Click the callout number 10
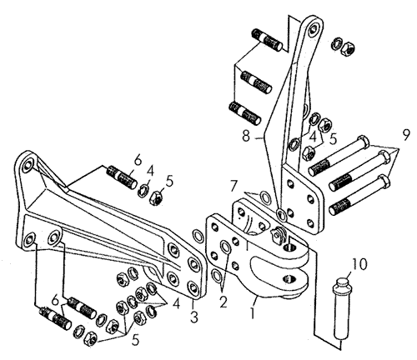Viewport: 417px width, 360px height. coord(359,264)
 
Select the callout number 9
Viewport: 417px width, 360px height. coord(405,136)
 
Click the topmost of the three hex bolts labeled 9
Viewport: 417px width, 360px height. coord(339,156)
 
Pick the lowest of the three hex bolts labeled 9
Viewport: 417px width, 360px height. coord(359,195)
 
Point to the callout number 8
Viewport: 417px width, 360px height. coord(246,137)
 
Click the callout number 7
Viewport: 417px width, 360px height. coord(234,186)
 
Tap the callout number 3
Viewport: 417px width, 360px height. coord(194,317)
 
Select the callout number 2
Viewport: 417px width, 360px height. coord(224,302)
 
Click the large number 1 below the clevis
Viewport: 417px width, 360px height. coord(253,312)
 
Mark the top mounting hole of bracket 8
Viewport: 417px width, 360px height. coord(314,28)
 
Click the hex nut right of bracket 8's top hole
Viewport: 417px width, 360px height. coord(348,48)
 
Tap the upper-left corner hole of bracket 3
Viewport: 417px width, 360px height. coord(28,166)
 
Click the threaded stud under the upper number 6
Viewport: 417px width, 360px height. coord(121,177)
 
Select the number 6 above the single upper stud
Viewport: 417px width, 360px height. coord(138,161)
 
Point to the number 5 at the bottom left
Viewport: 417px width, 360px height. coord(135,340)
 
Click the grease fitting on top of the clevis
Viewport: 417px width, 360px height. coord(277,234)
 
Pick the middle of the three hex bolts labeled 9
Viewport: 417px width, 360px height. coord(359,171)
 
